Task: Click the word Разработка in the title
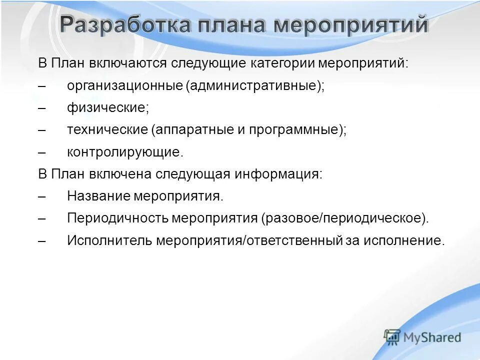(x=125, y=25)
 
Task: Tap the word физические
(x=108, y=108)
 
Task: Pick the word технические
(x=107, y=130)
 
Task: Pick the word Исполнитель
(x=110, y=240)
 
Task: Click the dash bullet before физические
(x=42, y=108)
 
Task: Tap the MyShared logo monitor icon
(x=392, y=337)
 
